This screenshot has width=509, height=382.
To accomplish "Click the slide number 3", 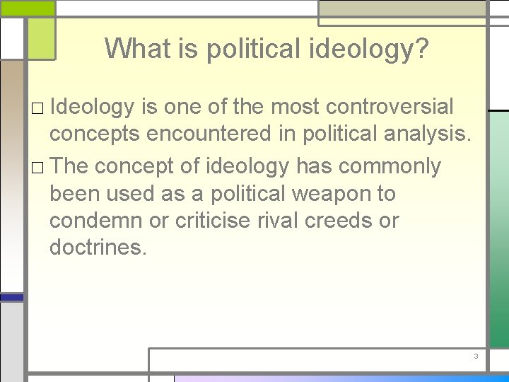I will pyautogui.click(x=476, y=356).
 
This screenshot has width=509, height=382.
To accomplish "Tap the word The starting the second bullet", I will pyautogui.click(x=70, y=166).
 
